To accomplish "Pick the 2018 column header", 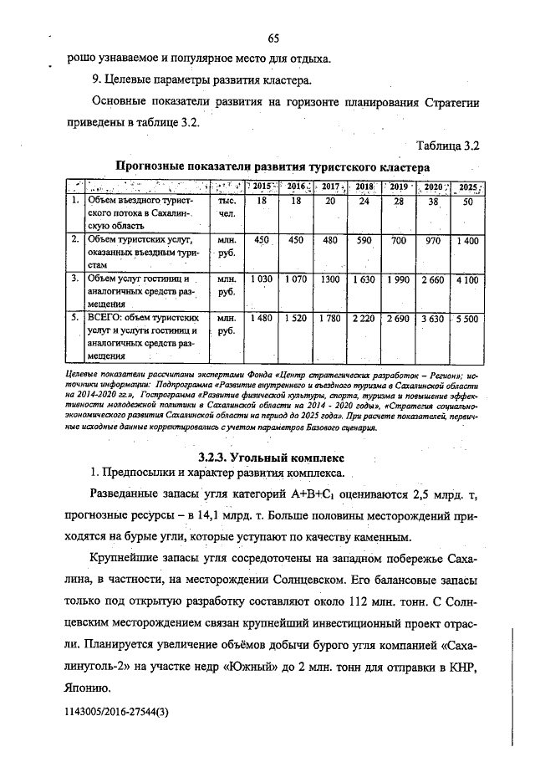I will click(364, 186).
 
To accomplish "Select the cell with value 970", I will click(432, 240).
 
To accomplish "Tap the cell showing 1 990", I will click(398, 279).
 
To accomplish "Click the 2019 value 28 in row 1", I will click(398, 202).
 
